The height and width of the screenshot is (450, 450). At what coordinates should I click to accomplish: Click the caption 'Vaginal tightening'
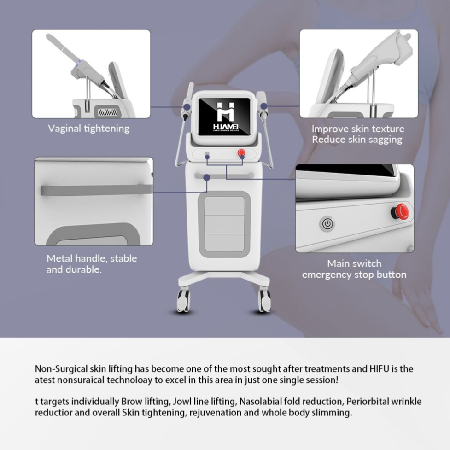(89, 129)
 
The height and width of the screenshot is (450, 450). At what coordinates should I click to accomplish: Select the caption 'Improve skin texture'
(358, 129)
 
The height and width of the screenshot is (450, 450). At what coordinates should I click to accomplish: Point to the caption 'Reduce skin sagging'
(357, 139)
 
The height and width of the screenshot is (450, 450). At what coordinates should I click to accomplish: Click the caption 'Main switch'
(354, 263)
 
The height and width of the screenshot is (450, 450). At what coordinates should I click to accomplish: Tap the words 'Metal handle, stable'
(92, 258)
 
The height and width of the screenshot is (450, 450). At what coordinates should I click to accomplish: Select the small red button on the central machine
(241, 153)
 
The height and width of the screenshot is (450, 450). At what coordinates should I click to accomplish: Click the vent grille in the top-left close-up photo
(108, 112)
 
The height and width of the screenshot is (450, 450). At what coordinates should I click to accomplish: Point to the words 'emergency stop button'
(354, 275)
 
